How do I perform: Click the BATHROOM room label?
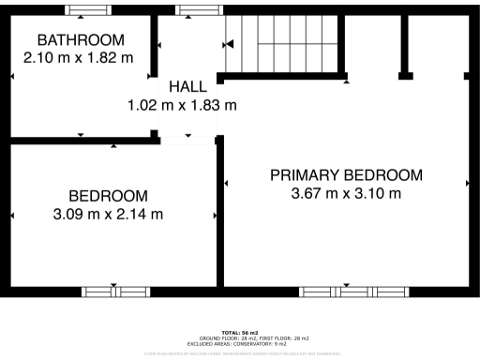click(x=80, y=40)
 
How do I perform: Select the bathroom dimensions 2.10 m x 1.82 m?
click(x=79, y=57)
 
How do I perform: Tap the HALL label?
click(x=182, y=87)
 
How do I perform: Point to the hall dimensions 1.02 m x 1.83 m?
click(x=182, y=105)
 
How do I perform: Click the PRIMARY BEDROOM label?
click(x=346, y=175)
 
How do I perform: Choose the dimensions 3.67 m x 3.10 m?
click(x=346, y=194)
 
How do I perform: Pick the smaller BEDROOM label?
click(x=108, y=196)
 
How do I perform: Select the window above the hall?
click(x=195, y=10)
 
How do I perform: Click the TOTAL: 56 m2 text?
click(x=240, y=333)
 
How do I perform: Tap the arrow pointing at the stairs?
click(x=228, y=44)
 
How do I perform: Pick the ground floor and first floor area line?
click(x=240, y=337)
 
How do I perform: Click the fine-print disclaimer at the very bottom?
click(x=240, y=352)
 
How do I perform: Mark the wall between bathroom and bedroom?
click(x=80, y=141)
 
